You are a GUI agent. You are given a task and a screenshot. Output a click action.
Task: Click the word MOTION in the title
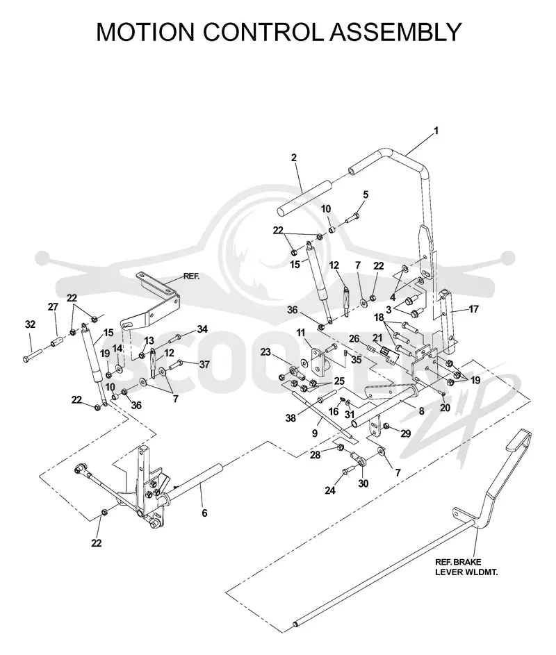(146, 32)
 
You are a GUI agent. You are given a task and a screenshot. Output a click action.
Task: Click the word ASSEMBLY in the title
(395, 32)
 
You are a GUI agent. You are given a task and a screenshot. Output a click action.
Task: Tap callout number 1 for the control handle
(436, 131)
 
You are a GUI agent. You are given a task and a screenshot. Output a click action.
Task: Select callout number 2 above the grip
(294, 158)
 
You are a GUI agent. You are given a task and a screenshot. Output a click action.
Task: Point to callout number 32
(30, 324)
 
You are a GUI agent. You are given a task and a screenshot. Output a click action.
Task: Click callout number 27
(53, 306)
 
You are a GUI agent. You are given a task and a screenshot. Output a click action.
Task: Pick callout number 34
(202, 329)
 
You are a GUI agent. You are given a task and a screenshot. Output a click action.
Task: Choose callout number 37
(204, 364)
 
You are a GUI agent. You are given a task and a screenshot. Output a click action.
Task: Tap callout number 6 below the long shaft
(204, 513)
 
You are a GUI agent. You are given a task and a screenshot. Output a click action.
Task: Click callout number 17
(474, 309)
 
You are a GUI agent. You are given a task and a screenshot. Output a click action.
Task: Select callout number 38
(291, 417)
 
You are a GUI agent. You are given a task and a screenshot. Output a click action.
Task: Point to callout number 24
(330, 490)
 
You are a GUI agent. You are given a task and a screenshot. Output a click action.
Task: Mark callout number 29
(405, 433)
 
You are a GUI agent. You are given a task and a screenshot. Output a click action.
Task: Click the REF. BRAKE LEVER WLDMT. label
(466, 567)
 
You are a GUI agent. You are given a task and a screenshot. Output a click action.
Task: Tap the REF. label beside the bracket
(191, 276)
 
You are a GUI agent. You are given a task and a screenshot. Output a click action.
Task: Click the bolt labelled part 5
(352, 218)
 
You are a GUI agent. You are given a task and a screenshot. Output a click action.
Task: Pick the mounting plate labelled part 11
(320, 362)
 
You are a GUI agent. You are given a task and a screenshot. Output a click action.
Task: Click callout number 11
(301, 333)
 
